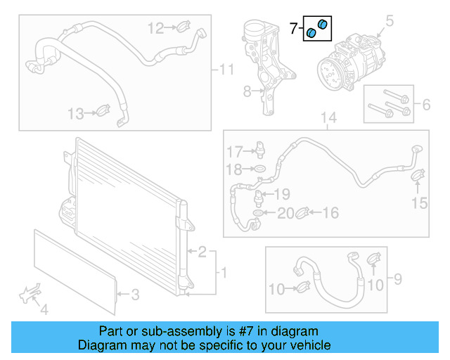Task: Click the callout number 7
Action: point(294,29)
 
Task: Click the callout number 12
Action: point(155,28)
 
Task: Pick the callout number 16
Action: point(330,212)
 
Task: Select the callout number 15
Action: point(419,203)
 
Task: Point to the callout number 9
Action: point(397,281)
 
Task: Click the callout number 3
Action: point(136,295)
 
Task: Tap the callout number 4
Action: point(44,308)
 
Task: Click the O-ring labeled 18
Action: point(259,169)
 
